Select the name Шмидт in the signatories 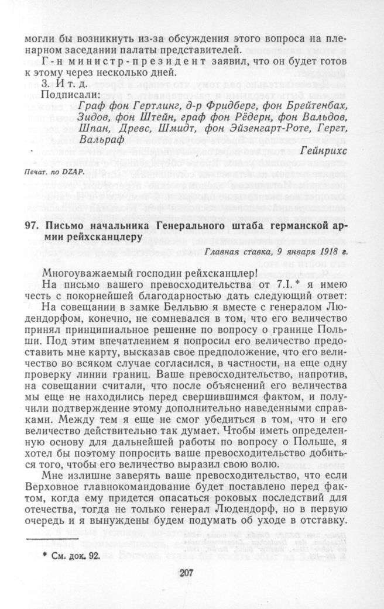[191, 129]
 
